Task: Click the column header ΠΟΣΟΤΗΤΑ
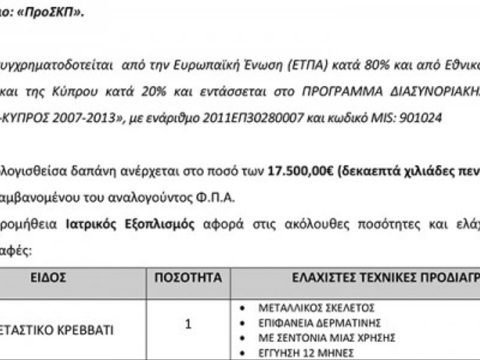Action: coord(188,278)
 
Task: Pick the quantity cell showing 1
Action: coord(188,325)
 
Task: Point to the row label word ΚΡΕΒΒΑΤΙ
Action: coord(85,330)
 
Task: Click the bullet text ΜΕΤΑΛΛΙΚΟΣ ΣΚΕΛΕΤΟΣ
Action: coord(316,308)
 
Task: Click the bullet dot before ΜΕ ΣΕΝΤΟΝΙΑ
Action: coord(242,338)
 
